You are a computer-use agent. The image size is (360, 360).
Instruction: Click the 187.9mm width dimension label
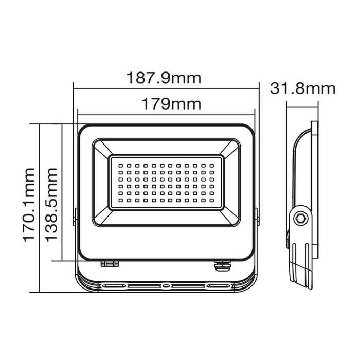[164, 78]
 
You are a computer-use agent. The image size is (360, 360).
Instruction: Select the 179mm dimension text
[164, 104]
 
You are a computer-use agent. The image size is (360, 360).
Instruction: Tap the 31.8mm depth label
[303, 88]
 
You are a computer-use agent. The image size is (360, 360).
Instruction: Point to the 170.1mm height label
[29, 204]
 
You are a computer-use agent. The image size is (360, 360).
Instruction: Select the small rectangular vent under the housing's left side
[110, 263]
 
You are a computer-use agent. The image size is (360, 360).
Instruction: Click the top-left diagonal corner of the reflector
[102, 149]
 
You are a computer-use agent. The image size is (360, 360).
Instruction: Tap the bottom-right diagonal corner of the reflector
[230, 217]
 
